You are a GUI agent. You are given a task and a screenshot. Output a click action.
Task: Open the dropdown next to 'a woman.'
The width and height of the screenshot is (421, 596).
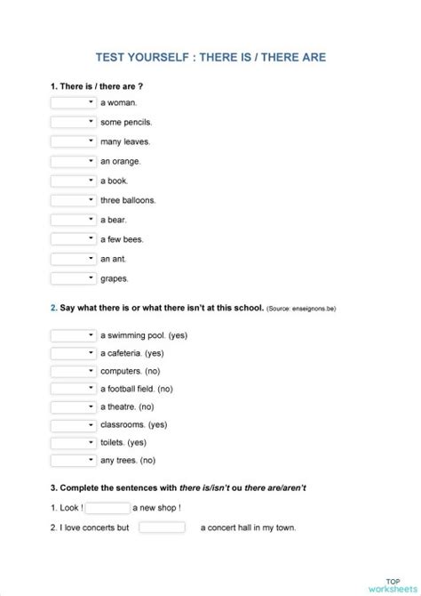[x=73, y=102]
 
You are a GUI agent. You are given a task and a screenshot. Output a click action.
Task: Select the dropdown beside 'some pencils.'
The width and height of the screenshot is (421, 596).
[x=73, y=122]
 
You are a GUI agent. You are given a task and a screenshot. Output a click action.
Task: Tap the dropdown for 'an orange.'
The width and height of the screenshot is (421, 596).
[x=73, y=161]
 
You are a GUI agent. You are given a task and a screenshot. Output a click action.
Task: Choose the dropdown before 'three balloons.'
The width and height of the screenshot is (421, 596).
[x=73, y=200]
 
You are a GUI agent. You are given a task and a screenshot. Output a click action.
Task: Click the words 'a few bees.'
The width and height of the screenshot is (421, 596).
[x=122, y=239]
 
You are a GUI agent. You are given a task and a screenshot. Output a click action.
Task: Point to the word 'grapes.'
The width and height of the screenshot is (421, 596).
[x=115, y=278]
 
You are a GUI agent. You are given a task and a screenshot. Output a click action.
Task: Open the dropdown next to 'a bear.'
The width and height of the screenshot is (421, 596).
[x=73, y=220]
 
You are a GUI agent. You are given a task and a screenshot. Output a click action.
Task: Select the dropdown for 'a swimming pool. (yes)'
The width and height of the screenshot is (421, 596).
[x=73, y=335]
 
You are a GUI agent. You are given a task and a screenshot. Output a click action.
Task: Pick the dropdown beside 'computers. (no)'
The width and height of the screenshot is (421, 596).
[x=73, y=371]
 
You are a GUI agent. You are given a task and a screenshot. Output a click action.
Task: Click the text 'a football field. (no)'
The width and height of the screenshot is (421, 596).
[x=137, y=389]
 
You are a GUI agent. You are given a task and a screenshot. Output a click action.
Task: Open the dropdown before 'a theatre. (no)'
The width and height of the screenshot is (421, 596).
[x=73, y=407]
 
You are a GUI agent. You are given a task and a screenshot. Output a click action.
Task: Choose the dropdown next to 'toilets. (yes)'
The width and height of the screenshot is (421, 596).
[x=73, y=442]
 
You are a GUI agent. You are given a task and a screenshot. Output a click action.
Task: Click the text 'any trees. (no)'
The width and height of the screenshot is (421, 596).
[x=128, y=460]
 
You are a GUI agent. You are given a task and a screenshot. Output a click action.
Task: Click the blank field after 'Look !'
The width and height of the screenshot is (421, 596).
[x=108, y=508]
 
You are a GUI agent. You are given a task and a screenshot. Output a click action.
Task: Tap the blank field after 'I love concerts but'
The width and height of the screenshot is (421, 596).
[x=162, y=528]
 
